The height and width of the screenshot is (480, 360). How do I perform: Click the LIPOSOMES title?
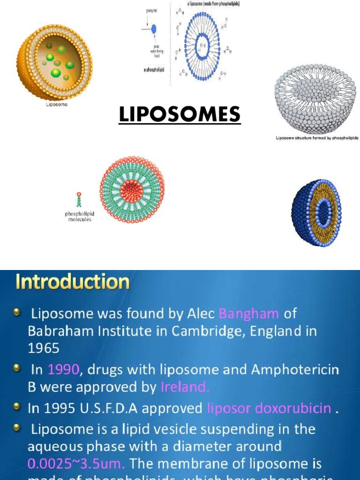180,115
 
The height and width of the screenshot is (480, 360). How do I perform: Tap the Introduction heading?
73,282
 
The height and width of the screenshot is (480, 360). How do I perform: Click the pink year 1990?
63,370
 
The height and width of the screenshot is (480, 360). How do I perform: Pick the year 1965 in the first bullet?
44,348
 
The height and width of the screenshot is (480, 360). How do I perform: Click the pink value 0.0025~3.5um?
76,464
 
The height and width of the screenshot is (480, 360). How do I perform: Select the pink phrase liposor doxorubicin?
269,408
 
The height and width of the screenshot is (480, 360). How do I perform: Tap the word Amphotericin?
295,370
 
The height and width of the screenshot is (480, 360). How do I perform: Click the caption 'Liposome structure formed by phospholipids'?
316,139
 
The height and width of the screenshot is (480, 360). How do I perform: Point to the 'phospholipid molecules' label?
79,216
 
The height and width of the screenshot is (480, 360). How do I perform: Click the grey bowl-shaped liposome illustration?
315,99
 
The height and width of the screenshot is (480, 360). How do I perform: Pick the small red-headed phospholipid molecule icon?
79,200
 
